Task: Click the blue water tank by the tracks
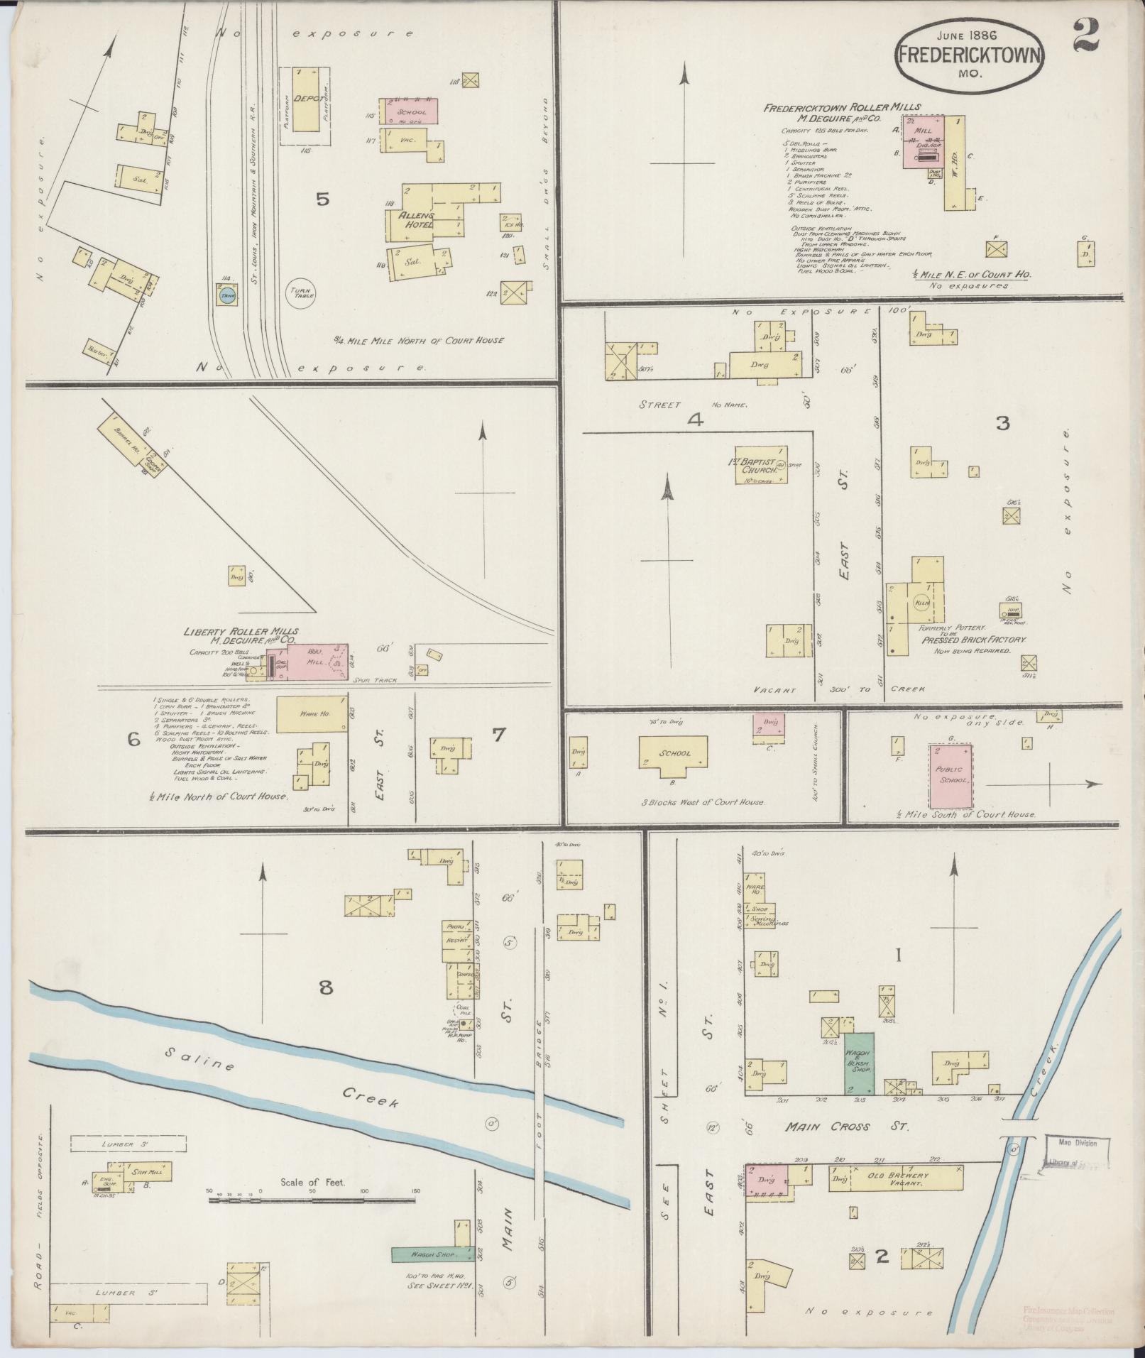point(226,298)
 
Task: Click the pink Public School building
point(950,775)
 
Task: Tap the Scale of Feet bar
point(312,1200)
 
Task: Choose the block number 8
point(325,987)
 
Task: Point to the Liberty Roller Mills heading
point(241,631)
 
